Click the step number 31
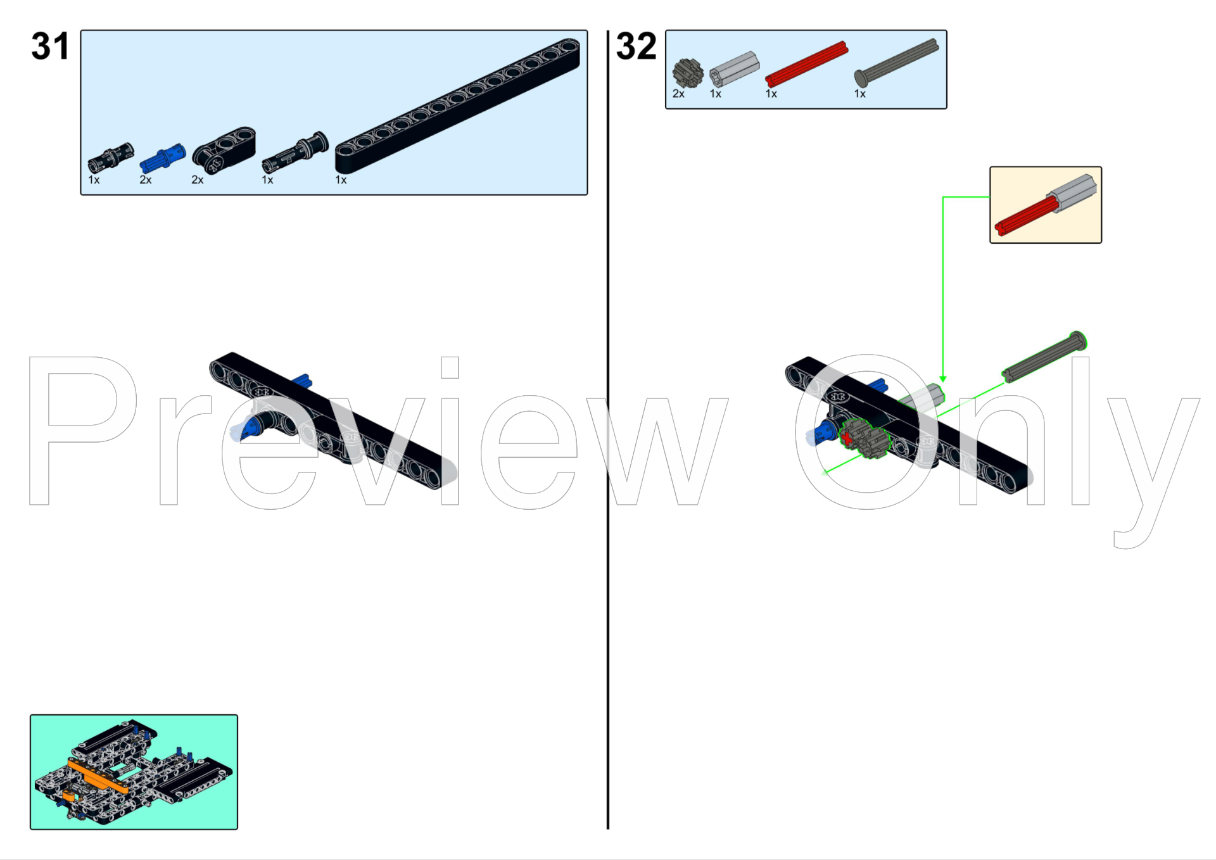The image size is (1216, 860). [50, 46]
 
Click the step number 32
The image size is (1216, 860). [636, 46]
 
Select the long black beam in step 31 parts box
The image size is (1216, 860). [457, 106]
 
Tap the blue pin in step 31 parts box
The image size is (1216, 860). [163, 158]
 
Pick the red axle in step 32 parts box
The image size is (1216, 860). [806, 64]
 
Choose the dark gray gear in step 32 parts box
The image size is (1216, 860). [688, 73]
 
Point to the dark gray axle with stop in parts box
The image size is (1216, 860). [896, 63]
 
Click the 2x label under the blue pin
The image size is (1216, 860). [146, 180]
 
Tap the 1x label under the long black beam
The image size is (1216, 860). [341, 180]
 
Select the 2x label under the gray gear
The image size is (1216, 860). [678, 94]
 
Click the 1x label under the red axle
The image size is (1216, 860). [771, 94]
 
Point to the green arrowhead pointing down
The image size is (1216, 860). [942, 379]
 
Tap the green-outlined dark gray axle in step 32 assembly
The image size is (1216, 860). [1044, 357]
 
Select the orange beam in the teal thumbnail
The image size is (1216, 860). [98, 776]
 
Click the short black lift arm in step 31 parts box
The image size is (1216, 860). [224, 150]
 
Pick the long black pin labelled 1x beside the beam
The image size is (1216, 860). [295, 152]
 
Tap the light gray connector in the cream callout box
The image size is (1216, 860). [1072, 191]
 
